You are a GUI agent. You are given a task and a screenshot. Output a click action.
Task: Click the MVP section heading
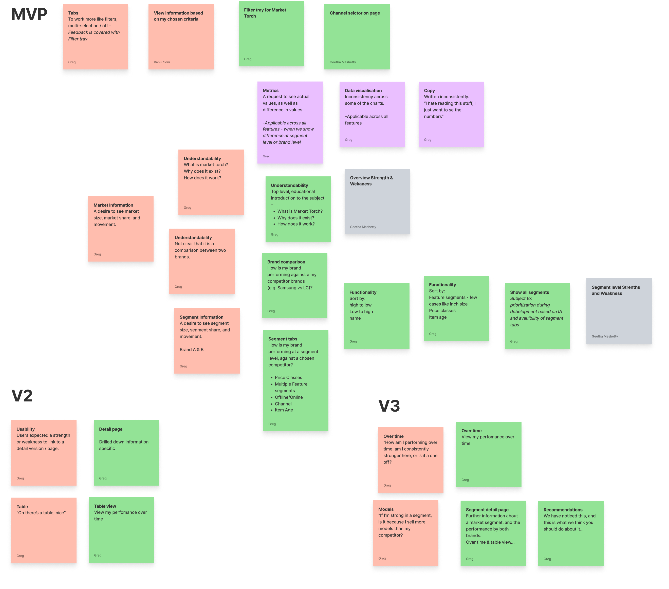[x=29, y=14]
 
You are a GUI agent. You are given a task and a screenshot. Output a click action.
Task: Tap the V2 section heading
[x=22, y=396]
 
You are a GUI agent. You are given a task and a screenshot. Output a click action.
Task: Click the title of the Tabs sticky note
[x=73, y=13]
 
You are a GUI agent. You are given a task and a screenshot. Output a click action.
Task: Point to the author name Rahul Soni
[x=162, y=62]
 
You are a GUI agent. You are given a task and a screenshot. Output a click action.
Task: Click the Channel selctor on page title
[x=355, y=13]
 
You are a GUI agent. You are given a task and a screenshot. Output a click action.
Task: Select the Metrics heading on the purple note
[x=270, y=91]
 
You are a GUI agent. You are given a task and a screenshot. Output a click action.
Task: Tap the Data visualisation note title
[x=363, y=91]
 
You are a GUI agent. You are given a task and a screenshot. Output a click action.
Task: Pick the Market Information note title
[x=113, y=205]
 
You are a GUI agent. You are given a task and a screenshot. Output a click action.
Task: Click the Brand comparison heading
[x=286, y=262]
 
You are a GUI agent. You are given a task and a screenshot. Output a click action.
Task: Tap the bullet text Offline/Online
[x=289, y=397]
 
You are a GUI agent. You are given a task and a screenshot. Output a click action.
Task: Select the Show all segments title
[x=529, y=292]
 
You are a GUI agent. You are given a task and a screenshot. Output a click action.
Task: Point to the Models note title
[x=386, y=509]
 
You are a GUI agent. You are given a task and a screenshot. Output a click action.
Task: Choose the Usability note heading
[x=26, y=429]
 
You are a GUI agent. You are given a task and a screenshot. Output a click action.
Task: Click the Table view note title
[x=105, y=506]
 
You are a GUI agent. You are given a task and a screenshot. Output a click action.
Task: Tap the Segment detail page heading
[x=487, y=510]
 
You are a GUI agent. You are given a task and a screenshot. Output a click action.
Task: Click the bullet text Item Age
[x=284, y=410]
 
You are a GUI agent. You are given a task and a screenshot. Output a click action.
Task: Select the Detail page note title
[x=111, y=429]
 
